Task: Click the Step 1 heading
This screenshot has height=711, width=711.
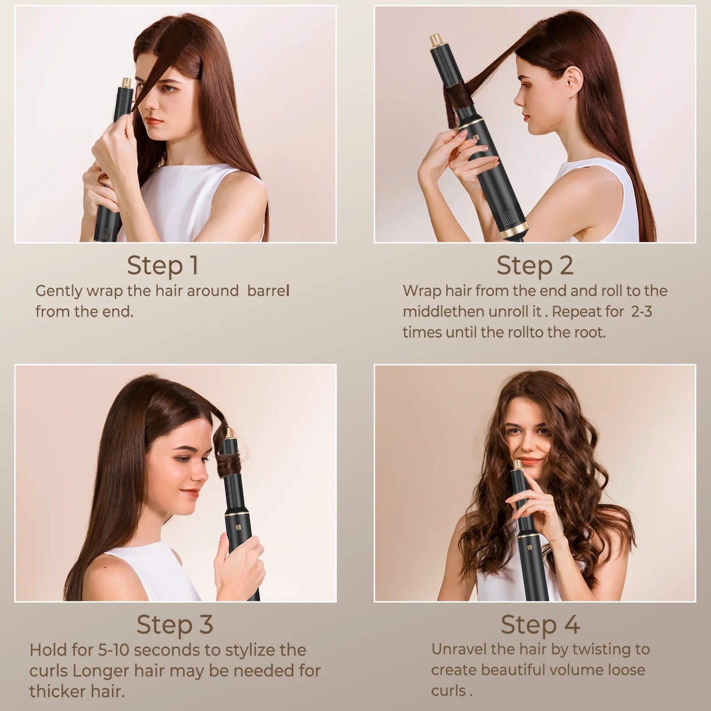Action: click(x=163, y=265)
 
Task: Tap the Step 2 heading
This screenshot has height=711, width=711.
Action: click(x=535, y=265)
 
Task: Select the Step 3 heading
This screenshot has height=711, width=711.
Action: click(x=175, y=624)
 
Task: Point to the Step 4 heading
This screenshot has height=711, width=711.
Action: click(x=540, y=624)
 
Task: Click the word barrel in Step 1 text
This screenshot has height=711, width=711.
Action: click(x=268, y=291)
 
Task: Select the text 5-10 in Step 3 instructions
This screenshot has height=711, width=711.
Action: click(x=113, y=650)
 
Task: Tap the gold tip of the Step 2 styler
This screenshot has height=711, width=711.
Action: click(x=436, y=40)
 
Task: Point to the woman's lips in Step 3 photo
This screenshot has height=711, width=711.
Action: click(x=190, y=493)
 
